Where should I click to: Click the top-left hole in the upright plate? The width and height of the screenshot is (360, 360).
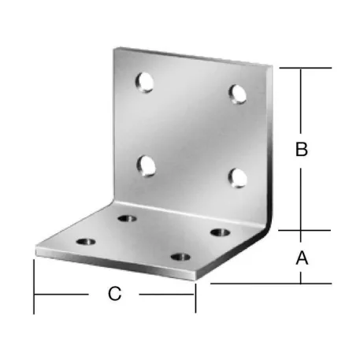144,80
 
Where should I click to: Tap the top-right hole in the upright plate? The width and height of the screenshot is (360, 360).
236,93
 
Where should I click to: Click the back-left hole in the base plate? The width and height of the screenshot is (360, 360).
125,217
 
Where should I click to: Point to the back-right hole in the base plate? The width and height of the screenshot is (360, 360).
220,232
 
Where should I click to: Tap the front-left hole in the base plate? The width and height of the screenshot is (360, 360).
86,239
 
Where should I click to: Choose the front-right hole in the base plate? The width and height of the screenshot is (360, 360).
181,257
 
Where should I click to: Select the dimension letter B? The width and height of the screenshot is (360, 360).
301,150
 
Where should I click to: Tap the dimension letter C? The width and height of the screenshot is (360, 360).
115,295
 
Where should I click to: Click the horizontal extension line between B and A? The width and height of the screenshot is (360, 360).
303,231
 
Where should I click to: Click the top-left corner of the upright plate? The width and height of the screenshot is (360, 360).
114,48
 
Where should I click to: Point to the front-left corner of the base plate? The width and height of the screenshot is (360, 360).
37,252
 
